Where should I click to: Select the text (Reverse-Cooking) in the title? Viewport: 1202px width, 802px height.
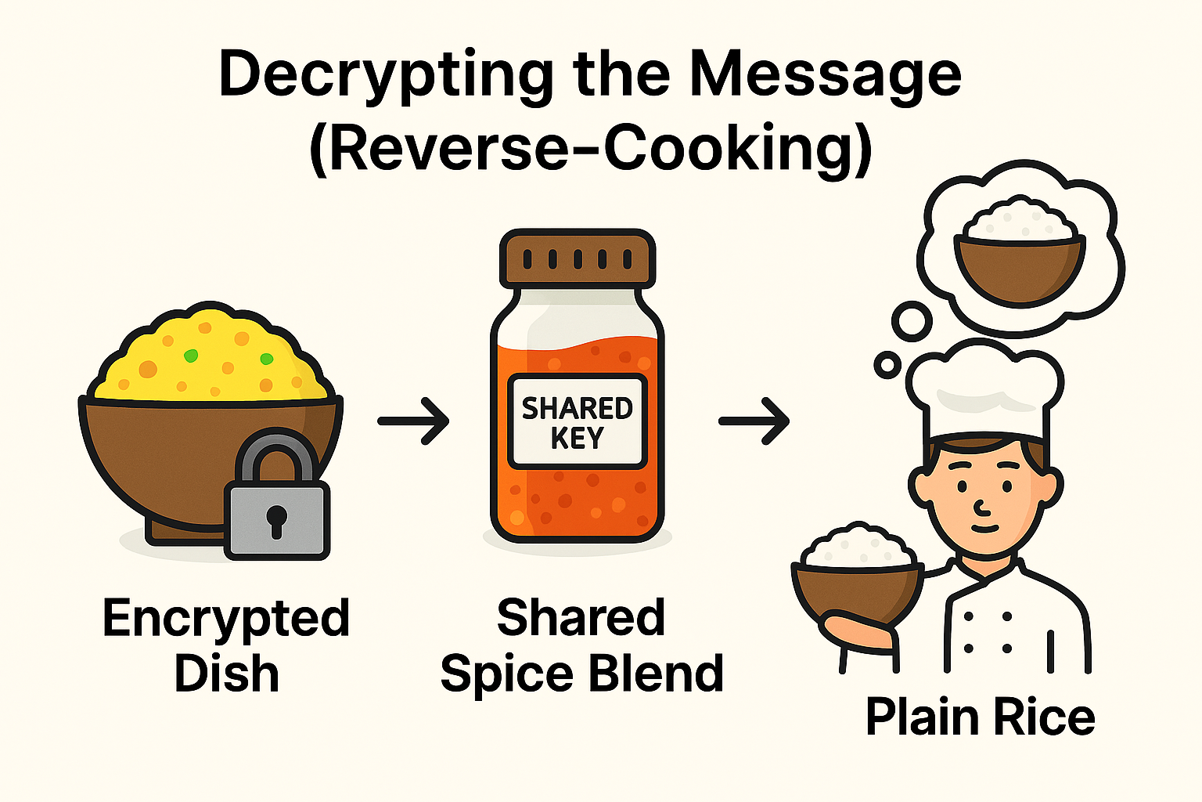click(591, 149)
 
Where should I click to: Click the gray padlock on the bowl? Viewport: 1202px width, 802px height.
click(276, 501)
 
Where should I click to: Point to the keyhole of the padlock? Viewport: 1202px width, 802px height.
click(276, 520)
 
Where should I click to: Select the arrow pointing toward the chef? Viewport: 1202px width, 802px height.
click(754, 421)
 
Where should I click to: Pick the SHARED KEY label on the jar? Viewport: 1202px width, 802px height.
click(577, 421)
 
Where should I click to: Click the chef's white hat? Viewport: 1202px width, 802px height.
click(984, 392)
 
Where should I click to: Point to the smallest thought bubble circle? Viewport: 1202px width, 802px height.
click(887, 364)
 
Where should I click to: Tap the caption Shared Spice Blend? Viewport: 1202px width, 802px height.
click(581, 645)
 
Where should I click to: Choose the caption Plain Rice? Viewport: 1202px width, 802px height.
click(980, 717)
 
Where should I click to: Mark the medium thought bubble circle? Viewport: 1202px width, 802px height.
click(912, 321)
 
